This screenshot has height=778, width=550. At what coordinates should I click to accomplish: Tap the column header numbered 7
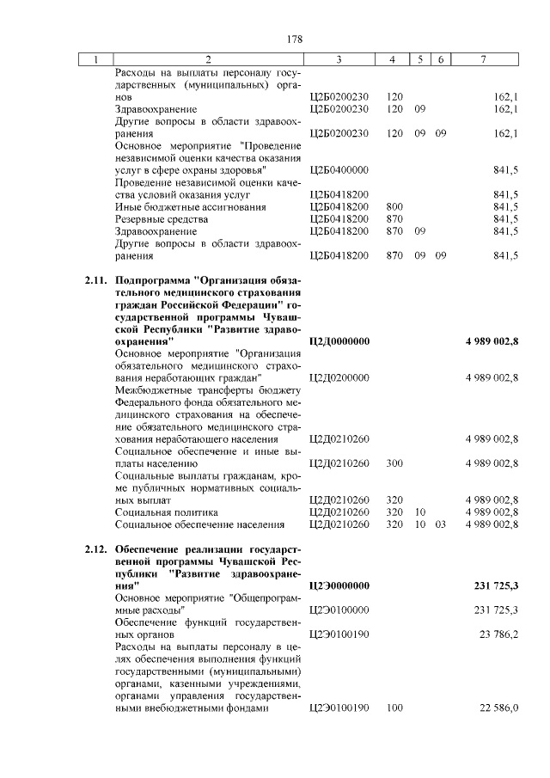point(486,59)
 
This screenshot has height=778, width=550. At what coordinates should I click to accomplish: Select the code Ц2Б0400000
point(339,170)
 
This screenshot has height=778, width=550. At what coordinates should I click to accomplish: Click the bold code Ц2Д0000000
point(339,341)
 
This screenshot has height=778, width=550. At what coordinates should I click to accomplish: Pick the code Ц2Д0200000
point(339,377)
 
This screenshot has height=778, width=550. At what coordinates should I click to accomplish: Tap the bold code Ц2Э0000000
point(339,585)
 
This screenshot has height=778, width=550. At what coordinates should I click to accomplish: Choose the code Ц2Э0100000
point(339,610)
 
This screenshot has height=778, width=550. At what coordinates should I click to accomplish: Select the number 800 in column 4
point(395,207)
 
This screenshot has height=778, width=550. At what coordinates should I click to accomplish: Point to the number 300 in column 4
point(395,463)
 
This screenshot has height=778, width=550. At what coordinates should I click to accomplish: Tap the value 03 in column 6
point(440,524)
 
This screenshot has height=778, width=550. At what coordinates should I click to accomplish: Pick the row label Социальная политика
point(168,512)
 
